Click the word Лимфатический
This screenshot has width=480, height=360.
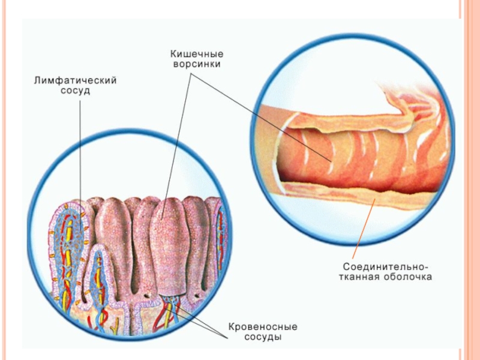coord(74,80)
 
